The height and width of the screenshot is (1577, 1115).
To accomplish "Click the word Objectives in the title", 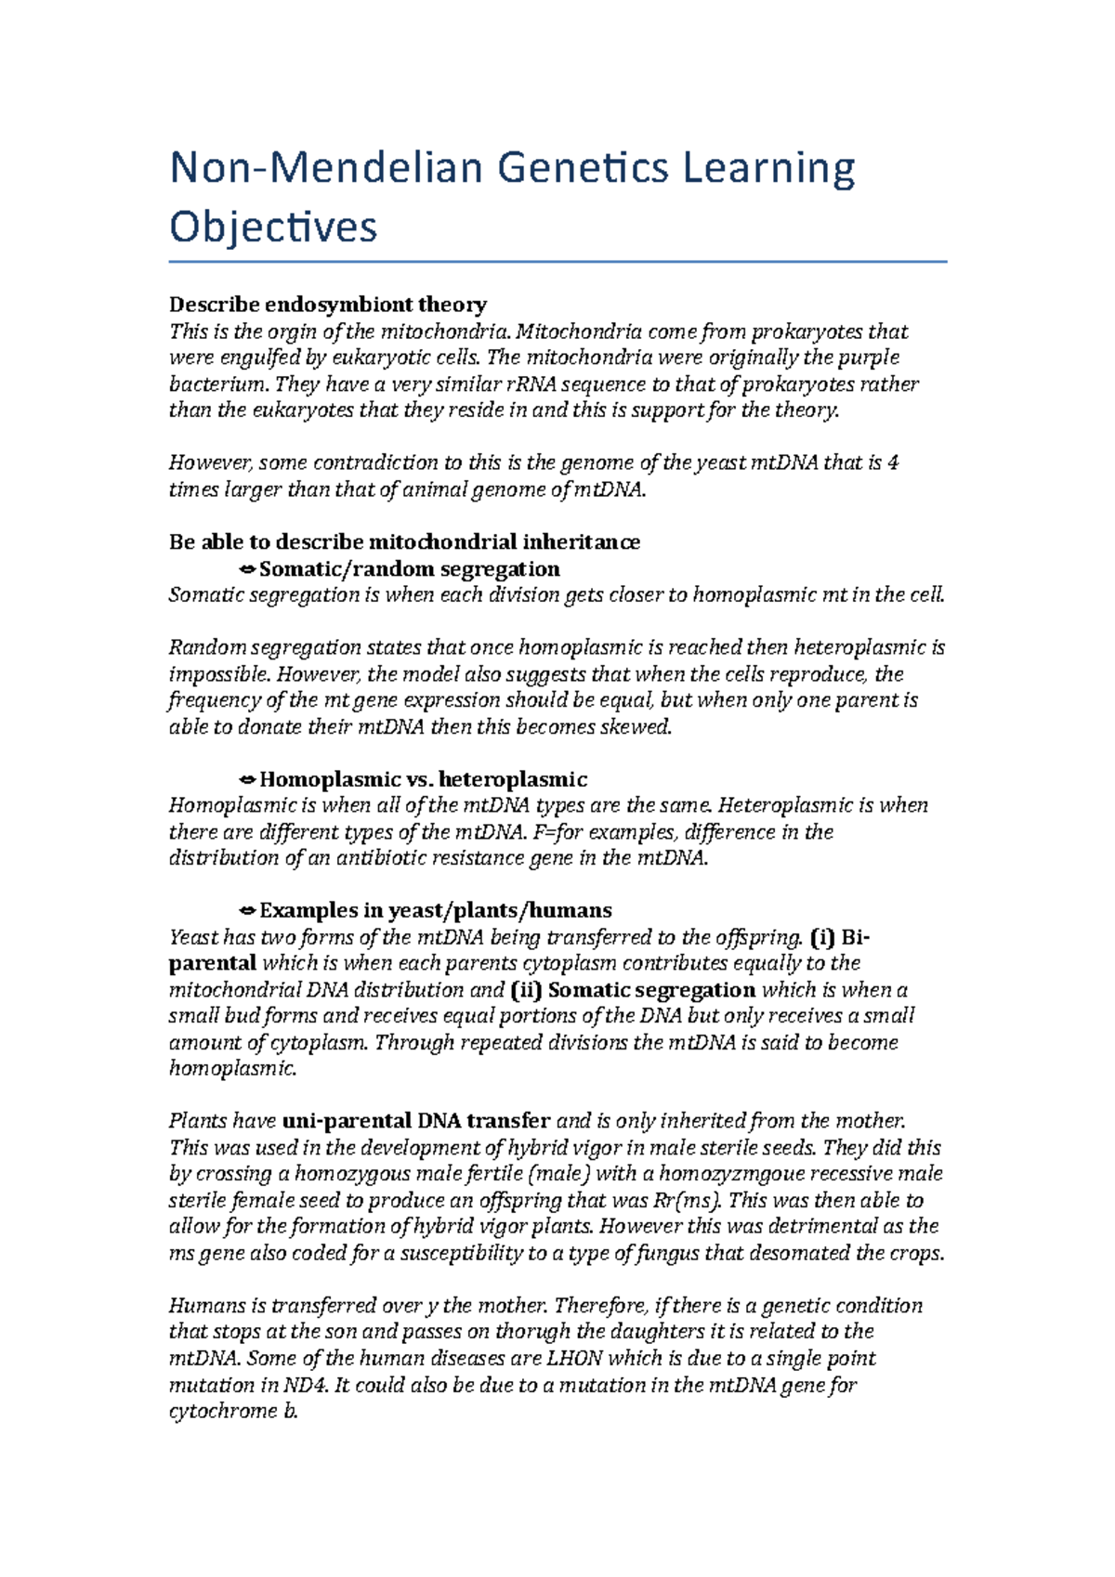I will coord(273,228).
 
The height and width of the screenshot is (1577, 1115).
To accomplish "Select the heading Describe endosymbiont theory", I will coord(328,305).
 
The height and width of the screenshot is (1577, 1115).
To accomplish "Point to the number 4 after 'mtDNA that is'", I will coord(893,463).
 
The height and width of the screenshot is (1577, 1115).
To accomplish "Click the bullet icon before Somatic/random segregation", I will coord(247,568).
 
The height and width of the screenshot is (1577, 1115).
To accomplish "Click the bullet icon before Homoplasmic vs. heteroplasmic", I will coord(247,779).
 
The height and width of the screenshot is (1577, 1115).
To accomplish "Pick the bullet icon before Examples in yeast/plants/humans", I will coord(247,910).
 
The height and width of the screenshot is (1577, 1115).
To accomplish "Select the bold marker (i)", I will coord(824,936).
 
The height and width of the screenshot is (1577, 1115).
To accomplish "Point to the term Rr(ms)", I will coord(686,1200).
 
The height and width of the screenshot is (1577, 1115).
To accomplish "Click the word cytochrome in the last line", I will coord(222,1411).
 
